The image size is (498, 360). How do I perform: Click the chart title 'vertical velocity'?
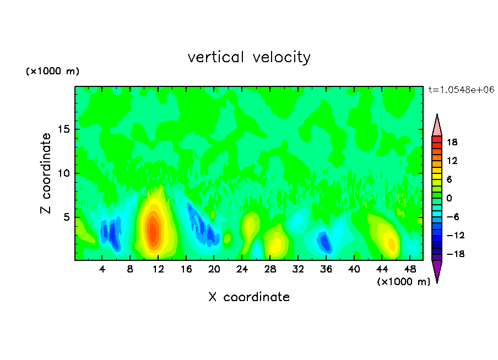[249, 57]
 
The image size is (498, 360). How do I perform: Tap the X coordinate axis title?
[249, 297]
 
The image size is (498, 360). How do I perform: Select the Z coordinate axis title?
[46, 173]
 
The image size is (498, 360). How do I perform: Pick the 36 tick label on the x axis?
[326, 269]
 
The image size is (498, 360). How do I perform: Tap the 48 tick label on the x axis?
[410, 269]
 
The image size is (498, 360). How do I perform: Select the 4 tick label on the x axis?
[102, 269]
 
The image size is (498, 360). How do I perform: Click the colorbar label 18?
[452, 142]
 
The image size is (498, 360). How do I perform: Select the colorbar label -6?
[452, 217]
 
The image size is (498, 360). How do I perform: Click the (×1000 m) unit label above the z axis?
[53, 72]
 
